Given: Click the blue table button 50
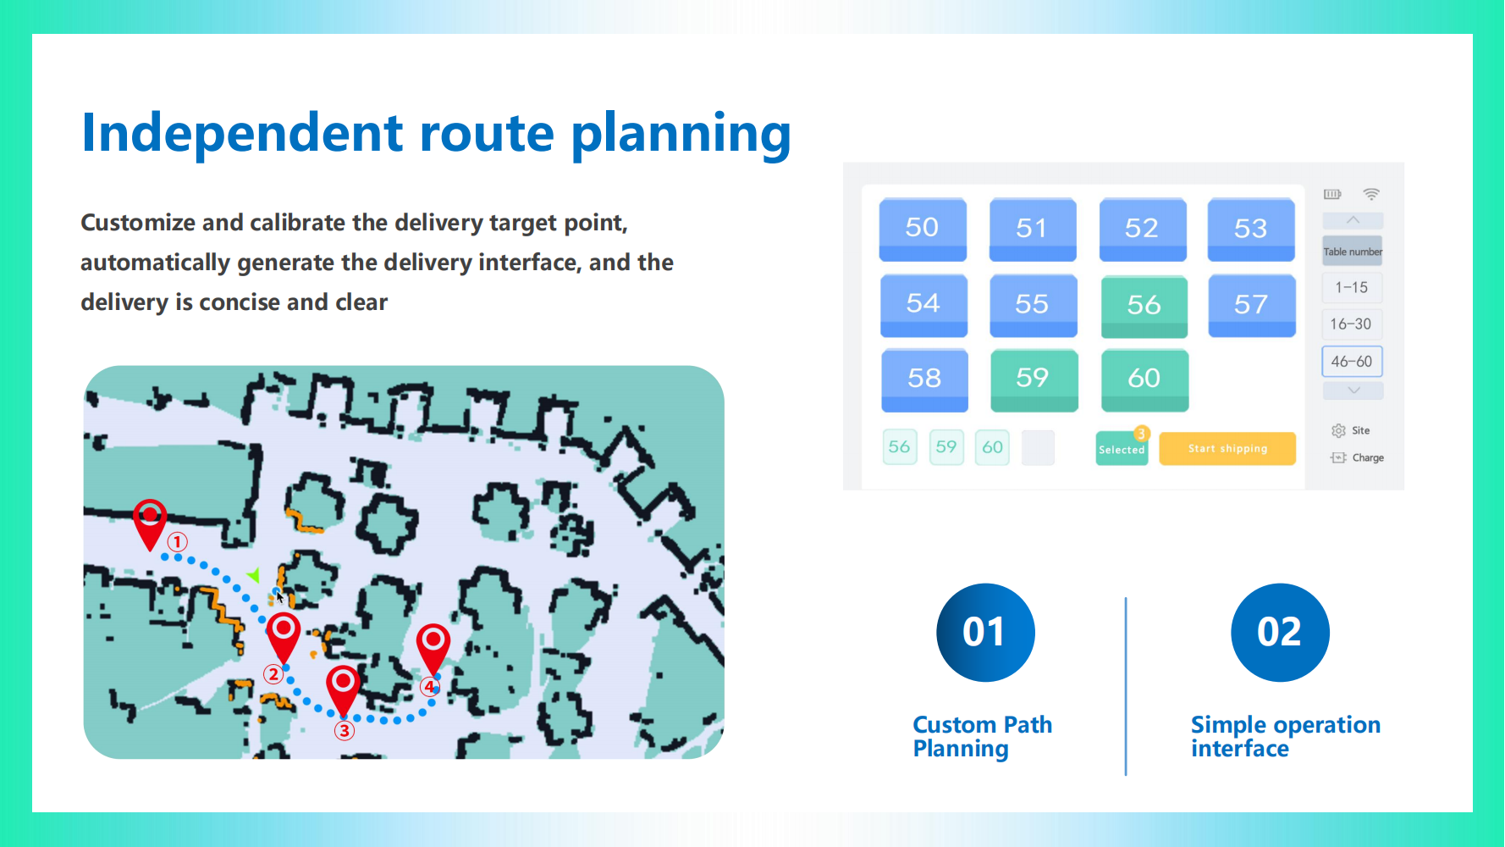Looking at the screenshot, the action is coord(923,229).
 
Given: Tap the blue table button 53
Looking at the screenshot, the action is coord(1251,229).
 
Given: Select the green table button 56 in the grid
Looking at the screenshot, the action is coord(1144,306).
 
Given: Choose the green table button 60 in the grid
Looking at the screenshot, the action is coord(1144,379).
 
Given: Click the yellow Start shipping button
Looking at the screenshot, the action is coord(1227,449).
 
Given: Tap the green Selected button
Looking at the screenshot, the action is coord(1122,449).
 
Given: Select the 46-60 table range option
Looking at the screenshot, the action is coord(1352,362).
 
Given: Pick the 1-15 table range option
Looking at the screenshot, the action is coord(1352,288).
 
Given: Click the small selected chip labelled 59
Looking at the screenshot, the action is coord(946,447).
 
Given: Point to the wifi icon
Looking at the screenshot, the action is coord(1371,194).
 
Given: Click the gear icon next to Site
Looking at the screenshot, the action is coord(1338,431).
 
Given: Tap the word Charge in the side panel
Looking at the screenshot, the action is coord(1368,458).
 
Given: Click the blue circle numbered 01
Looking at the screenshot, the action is coord(985,633).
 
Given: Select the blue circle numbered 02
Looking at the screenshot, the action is coord(1280,633).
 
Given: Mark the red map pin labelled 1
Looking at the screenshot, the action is coord(150,521).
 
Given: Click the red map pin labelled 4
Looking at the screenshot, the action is coord(433,647).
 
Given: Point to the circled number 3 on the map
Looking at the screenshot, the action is coord(344,731).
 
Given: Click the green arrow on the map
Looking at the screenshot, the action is coord(253,576).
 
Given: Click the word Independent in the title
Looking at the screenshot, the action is coord(242,133).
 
